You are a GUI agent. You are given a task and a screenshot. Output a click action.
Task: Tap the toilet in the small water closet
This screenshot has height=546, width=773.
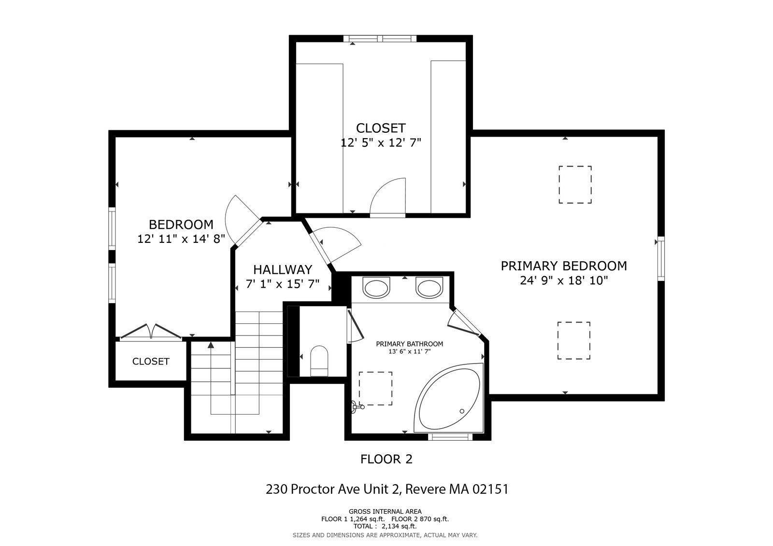pos(319,361)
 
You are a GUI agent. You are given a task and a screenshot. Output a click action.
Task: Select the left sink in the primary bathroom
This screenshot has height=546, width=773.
pos(376,288)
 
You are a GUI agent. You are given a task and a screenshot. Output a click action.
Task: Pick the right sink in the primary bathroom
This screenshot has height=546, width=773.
pos(429,288)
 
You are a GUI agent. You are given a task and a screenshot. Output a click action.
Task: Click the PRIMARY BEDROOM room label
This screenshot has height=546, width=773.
pos(563,266)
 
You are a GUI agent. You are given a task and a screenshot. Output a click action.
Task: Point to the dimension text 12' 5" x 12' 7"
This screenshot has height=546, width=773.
pos(381,143)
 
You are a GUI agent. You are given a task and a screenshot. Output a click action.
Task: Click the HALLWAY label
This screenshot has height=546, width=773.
pos(283,269)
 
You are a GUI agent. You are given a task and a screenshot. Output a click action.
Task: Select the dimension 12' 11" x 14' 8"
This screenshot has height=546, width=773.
pos(181,238)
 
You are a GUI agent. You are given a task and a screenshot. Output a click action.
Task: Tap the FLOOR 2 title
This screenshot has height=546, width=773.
pos(386,459)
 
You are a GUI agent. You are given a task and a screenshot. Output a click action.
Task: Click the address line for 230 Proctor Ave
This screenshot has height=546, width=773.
pos(387,489)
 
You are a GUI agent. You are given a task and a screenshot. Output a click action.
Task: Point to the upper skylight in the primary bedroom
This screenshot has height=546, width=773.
pos(575,184)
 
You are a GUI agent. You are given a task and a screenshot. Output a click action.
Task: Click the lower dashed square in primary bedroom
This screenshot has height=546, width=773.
pos(573,341)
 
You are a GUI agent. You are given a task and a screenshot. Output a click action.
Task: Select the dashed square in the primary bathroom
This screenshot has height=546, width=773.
pos(375,388)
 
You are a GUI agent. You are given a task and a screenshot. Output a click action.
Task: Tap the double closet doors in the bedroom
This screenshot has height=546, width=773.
pos(151,332)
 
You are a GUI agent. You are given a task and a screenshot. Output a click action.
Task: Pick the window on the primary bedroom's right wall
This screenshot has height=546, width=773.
pos(661,258)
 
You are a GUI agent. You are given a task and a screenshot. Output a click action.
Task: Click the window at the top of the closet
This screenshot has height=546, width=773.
pos(380,38)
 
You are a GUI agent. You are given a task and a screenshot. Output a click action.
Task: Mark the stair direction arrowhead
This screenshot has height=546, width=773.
pos(211,345)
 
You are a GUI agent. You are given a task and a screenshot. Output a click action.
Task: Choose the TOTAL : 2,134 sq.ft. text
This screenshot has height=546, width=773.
pos(385,526)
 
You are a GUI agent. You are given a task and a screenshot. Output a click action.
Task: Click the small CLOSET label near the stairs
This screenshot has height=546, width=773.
pos(151,361)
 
